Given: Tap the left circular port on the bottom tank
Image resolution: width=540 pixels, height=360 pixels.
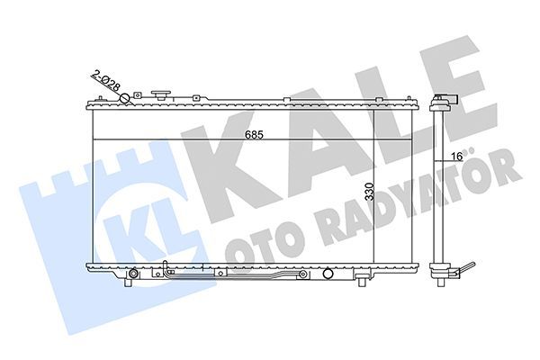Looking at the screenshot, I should [x=133, y=273].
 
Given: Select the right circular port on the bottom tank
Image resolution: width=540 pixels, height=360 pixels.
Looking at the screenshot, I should [x=328, y=274].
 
